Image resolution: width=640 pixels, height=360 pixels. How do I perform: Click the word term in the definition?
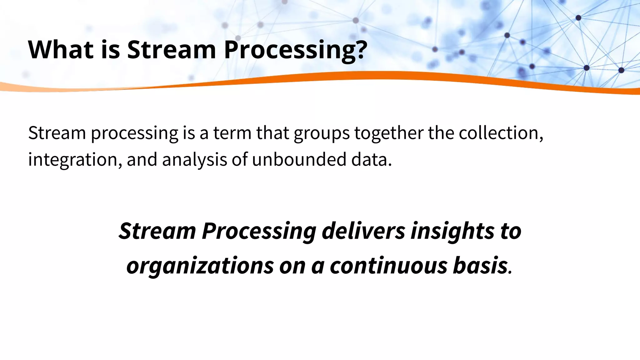point(232,132)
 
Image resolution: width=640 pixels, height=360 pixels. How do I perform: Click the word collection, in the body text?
point(501,132)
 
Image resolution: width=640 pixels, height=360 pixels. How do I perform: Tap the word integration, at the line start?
point(75,159)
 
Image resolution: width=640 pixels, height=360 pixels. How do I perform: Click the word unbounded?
point(299,159)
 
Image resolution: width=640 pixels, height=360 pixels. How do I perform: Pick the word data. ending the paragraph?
point(371,159)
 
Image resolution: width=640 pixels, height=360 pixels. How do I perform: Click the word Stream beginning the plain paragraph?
point(57,132)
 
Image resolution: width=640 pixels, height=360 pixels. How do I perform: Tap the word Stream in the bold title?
point(171,49)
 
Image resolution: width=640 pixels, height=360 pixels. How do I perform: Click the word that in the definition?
point(272,132)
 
